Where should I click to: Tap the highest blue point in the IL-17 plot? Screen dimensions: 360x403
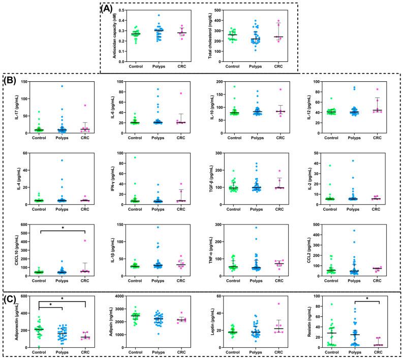click(x=62, y=86)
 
